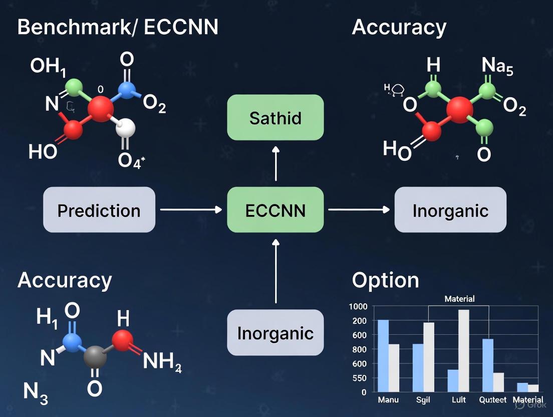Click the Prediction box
tap(99, 210)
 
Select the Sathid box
tap(275, 117)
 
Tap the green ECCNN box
tap(275, 210)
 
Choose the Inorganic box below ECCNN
tap(275, 332)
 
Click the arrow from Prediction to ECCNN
tap(190, 210)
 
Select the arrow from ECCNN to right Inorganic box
tap(359, 210)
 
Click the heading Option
tap(385, 280)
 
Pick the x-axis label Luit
tap(458, 400)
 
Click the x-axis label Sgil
tap(423, 400)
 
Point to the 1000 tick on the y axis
tap(358, 307)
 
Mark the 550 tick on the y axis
tap(359, 378)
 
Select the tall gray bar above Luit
tap(464, 350)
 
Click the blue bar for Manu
tap(383, 355)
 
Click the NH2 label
tap(162, 361)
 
